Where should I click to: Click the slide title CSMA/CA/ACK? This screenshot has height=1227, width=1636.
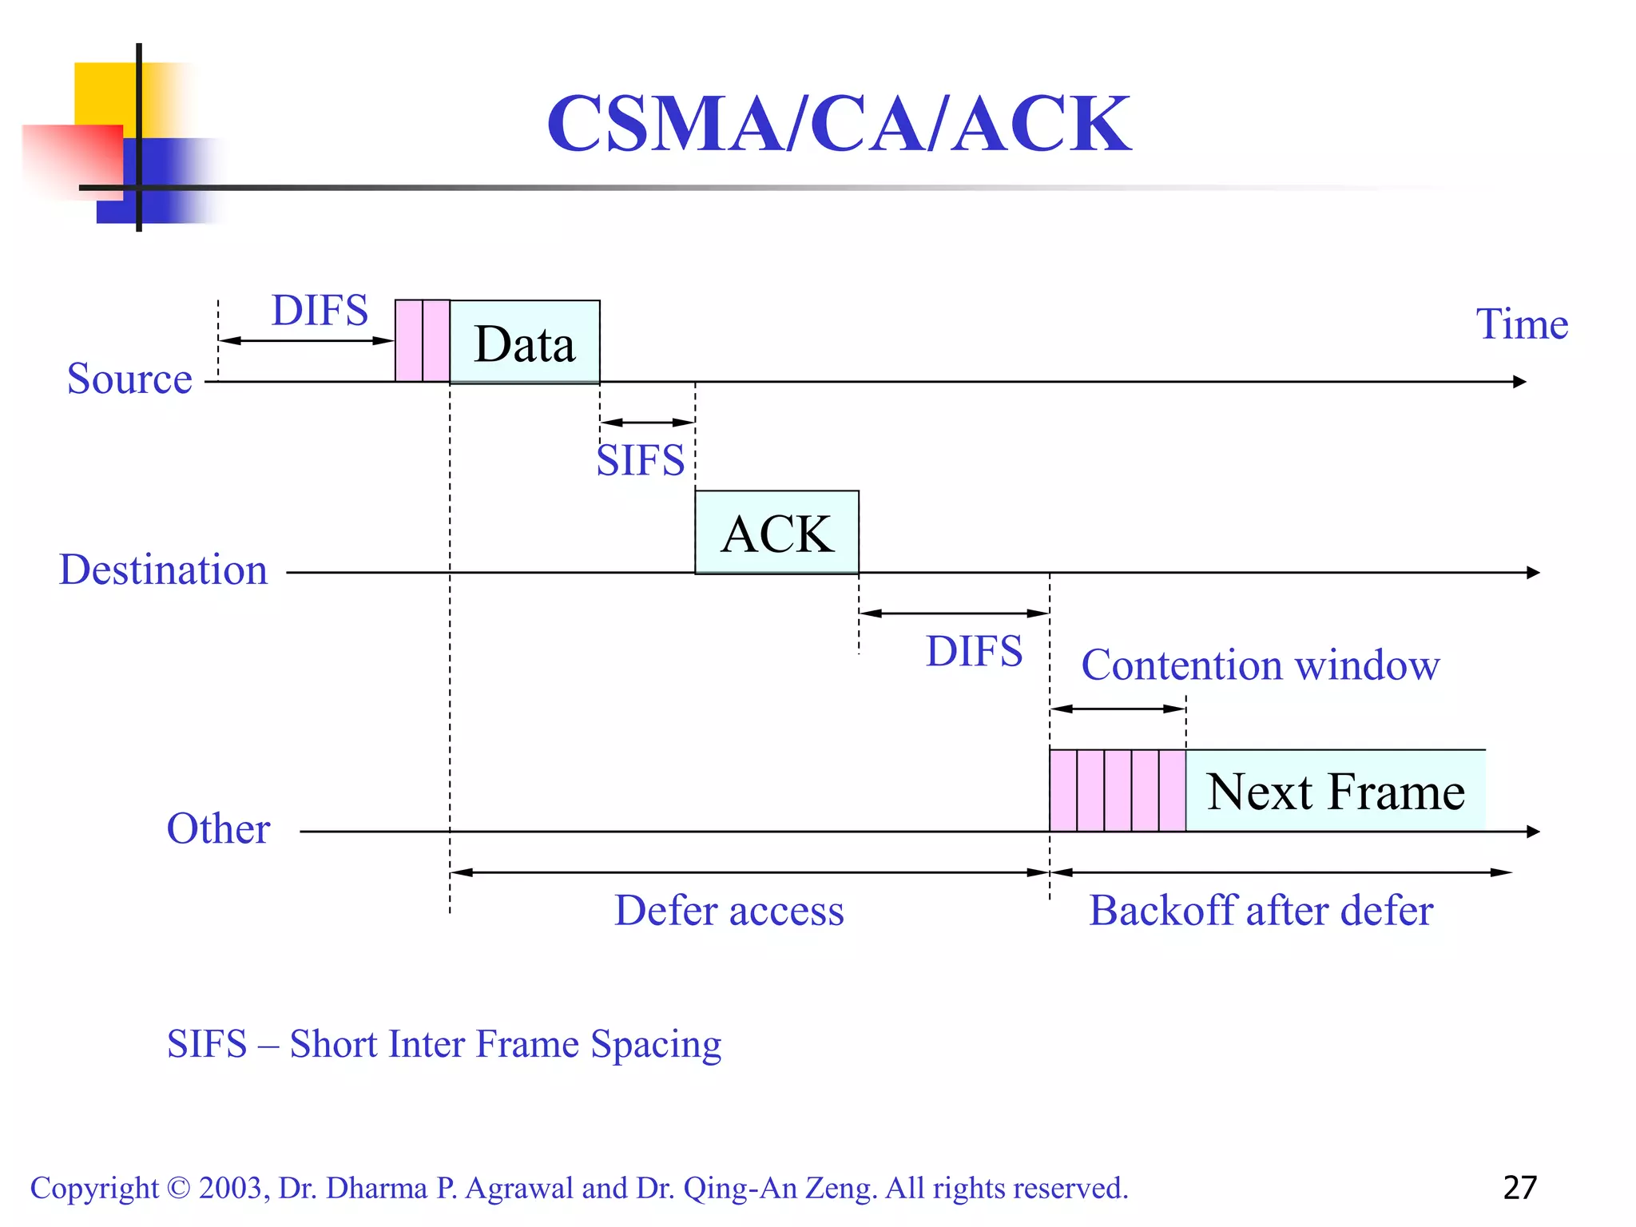point(838,124)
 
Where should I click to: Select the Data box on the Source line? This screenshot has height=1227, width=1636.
point(524,343)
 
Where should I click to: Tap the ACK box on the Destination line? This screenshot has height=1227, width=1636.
point(776,533)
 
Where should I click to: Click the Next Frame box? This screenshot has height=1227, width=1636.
point(1335,791)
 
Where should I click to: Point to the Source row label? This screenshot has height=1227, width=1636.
point(129,379)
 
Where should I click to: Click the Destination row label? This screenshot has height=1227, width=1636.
point(163,570)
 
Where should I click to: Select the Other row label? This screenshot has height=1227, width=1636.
point(218,828)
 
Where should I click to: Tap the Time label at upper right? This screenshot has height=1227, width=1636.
point(1521,324)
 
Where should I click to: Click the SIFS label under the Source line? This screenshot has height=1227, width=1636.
point(641,461)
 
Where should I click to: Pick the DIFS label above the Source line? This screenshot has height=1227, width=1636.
point(320,310)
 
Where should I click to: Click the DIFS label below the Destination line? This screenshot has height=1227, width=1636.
point(974,651)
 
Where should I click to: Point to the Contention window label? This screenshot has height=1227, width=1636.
point(1260,665)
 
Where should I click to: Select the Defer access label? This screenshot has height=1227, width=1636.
point(729,911)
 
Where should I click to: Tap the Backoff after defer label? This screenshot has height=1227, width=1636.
point(1261,911)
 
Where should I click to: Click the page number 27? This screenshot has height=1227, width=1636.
point(1519,1188)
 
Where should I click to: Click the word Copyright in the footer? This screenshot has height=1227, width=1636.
point(94,1188)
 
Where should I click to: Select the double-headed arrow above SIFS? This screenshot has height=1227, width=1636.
point(647,422)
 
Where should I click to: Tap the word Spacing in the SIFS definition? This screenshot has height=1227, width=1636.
point(656,1044)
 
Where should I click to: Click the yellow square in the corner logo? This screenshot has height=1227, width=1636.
point(104,92)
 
